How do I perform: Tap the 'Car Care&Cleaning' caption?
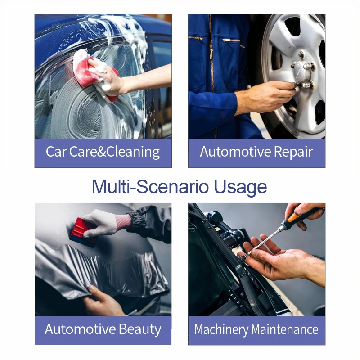click(x=103, y=152)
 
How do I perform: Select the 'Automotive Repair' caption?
click(x=256, y=152)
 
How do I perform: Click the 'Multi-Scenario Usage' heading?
click(x=179, y=187)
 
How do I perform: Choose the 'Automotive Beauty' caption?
click(x=103, y=329)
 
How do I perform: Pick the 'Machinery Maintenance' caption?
click(x=256, y=329)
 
